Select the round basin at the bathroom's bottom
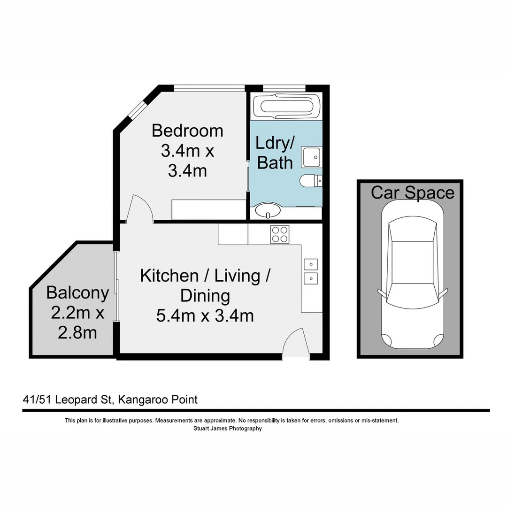tap(268, 211)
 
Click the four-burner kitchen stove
tap(279, 234)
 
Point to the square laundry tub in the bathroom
tap(311, 156)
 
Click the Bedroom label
tap(187, 130)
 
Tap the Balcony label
tap(77, 293)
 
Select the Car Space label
tap(413, 192)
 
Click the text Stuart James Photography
tap(228, 428)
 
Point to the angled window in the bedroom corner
tap(137, 109)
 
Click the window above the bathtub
tap(284, 88)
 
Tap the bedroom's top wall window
tap(209, 88)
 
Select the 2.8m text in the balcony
tap(77, 332)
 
